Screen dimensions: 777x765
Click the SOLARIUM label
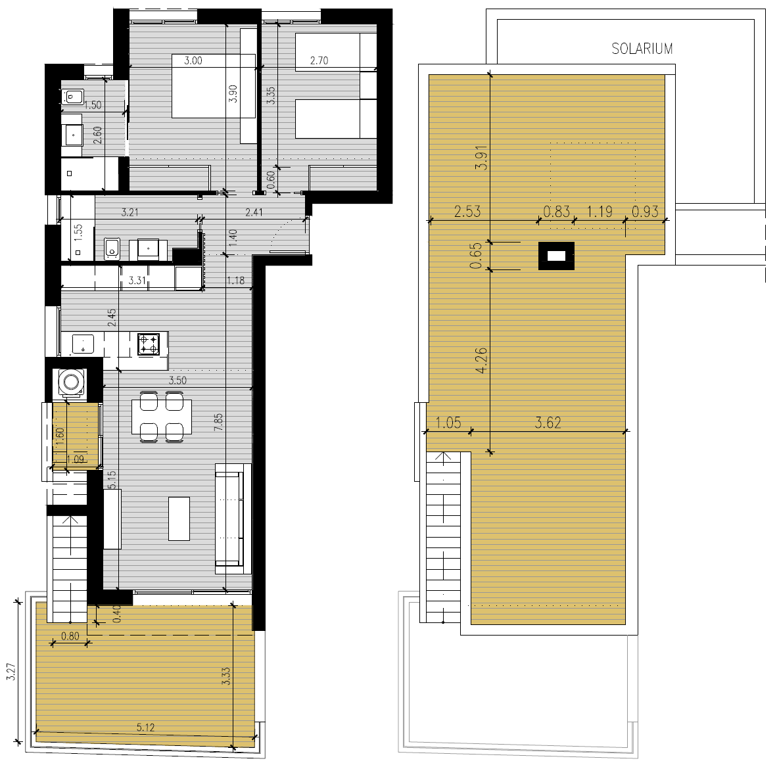[x=642, y=49]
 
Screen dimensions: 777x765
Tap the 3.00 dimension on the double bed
[x=193, y=61]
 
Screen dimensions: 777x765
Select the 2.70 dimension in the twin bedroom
[x=319, y=61]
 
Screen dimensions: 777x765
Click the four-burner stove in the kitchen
[x=149, y=344]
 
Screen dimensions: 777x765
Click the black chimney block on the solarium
[x=557, y=256]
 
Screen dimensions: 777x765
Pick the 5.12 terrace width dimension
[x=146, y=728]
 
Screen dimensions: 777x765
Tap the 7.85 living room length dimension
[x=218, y=422]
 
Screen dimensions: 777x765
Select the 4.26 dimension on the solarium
[x=481, y=360]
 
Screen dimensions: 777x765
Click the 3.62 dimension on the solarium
[x=548, y=423]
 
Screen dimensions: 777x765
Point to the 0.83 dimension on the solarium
[x=557, y=212]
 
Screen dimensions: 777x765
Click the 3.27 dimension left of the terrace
[x=11, y=672]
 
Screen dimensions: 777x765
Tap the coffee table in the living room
[x=179, y=519]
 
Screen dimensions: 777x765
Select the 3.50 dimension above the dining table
[x=177, y=381]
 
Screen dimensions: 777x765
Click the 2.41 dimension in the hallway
[x=254, y=212]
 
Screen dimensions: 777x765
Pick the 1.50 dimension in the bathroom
[x=93, y=105]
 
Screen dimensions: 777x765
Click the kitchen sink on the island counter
[x=83, y=343]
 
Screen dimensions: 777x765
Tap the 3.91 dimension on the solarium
[x=481, y=158]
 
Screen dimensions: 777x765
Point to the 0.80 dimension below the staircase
[x=70, y=636]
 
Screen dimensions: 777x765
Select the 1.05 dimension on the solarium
[x=448, y=423]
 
